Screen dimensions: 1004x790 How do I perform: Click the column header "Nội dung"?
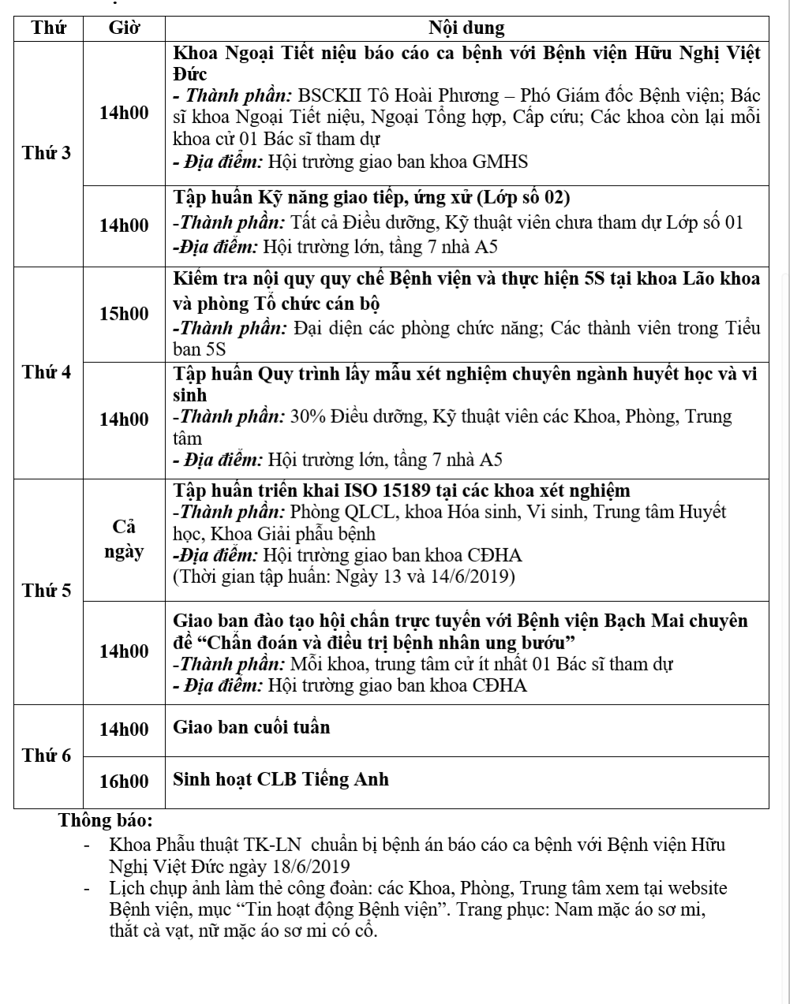(466, 28)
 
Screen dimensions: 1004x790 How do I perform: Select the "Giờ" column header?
(124, 28)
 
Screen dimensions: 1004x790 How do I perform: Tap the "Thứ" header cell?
(48, 28)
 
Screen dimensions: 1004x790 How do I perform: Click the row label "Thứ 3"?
(47, 153)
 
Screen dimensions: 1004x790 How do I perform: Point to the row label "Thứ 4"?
(47, 372)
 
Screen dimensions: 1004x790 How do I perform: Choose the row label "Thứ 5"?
(47, 590)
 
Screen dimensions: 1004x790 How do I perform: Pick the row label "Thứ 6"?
(47, 756)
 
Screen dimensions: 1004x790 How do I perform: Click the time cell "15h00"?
(124, 314)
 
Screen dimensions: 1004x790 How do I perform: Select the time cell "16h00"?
(124, 782)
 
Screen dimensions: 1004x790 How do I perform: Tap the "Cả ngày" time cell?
(124, 539)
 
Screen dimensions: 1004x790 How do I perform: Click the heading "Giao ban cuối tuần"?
(252, 727)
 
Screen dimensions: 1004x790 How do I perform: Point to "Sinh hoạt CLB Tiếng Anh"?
(281, 780)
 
